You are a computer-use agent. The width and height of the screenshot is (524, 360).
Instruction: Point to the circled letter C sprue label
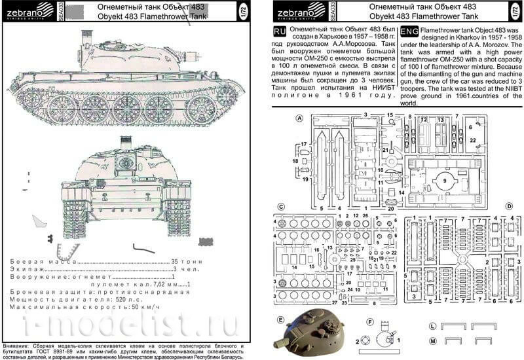(x=280, y=207)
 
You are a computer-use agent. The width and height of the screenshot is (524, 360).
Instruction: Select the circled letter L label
(x=432, y=326)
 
